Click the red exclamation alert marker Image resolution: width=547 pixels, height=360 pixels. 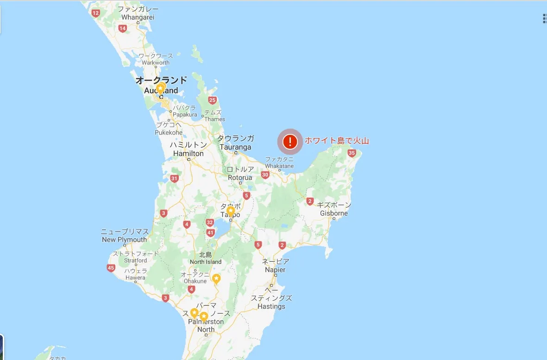point(290,141)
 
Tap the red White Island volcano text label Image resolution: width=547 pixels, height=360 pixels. point(337,141)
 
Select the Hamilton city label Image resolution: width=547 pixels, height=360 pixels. point(189,149)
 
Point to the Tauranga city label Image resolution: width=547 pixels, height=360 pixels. point(236,143)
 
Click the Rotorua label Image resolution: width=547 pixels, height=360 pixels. point(240,174)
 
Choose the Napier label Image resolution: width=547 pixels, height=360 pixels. point(276,265)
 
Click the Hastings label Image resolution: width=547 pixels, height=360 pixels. point(271,302)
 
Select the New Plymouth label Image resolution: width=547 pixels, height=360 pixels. point(124,235)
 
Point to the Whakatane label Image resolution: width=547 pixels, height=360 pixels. point(279,163)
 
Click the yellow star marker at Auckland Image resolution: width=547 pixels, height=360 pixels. point(160,88)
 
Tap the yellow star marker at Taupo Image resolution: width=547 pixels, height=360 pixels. point(231,211)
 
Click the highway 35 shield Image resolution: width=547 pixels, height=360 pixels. point(352,153)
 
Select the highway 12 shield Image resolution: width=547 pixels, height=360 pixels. point(95,13)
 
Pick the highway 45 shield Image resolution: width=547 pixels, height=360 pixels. point(111,268)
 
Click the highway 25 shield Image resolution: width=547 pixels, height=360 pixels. point(213,100)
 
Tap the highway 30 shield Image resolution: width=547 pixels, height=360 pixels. point(265,175)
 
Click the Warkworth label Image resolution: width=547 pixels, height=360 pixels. point(156,59)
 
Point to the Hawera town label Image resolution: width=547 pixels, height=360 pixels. point(135,274)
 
